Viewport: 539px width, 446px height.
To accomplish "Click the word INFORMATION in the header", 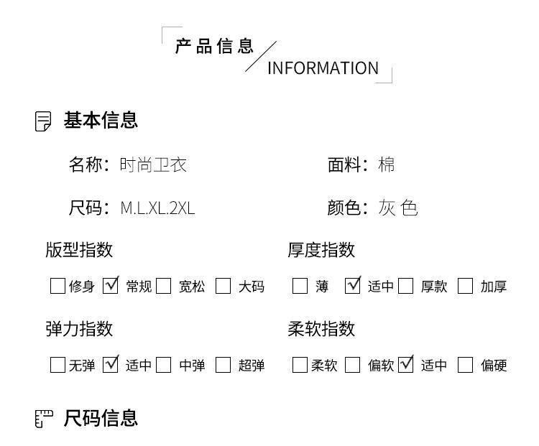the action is pos(323,68).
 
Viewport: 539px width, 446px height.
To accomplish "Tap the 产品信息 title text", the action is pos(214,47).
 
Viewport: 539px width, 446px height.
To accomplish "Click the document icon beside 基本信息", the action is pos(43,121).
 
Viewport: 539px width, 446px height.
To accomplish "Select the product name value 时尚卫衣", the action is pos(153,165).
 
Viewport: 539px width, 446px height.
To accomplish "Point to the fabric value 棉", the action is pos(387,165).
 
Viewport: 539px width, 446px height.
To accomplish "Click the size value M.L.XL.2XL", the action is pos(157,209).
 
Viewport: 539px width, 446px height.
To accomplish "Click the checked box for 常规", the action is pos(111,286).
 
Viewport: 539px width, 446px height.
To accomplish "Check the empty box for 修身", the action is pos(57,286).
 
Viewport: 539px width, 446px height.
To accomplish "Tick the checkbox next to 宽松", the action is pos(164,286).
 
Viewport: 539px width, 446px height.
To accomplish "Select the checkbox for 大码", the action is pos(224,286).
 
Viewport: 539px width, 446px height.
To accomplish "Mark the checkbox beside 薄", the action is pos(300,286).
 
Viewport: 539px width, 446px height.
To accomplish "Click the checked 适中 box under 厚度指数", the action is pos(353,286).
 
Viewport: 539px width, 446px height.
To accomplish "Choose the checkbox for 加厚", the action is pos(466,286).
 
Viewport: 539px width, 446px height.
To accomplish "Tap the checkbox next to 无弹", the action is pos(57,365).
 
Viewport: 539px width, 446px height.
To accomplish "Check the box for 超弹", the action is pos(224,365).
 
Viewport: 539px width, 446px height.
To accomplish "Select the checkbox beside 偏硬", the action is pos(466,365).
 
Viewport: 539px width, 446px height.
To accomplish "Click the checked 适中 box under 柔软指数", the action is pos(406,365).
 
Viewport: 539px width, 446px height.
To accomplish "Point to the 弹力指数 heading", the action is pos(79,329).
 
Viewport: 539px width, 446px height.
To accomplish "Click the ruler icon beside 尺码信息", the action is pos(44,419).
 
